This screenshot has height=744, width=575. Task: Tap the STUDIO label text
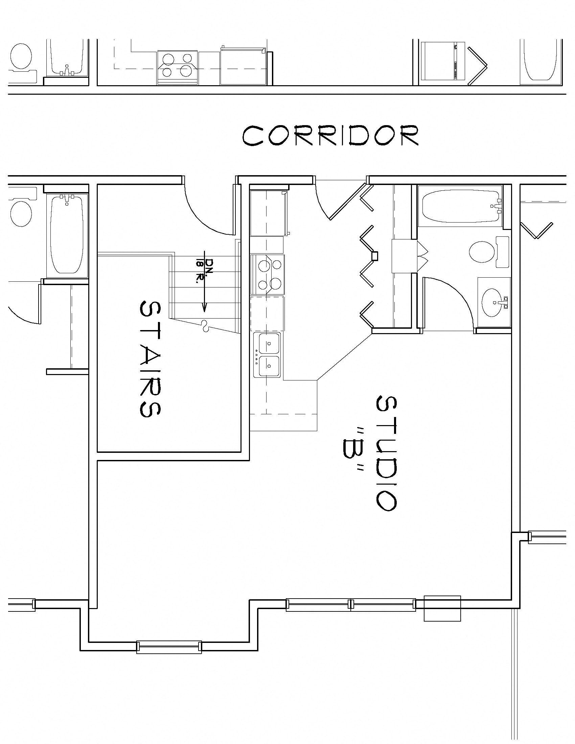tap(387, 453)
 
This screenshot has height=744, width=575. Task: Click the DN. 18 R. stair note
tap(203, 268)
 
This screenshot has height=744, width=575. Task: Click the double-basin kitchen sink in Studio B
tap(268, 355)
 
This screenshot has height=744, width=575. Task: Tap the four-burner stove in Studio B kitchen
tap(268, 275)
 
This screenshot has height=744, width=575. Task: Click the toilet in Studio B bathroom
tap(481, 252)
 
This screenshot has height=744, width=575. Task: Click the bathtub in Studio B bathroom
tap(460, 206)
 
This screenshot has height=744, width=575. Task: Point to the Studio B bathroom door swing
tap(450, 300)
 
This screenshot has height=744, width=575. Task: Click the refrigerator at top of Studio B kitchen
tap(269, 213)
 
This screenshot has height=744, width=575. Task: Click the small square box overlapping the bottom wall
tap(442, 608)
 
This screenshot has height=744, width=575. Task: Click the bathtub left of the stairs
tap(67, 235)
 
